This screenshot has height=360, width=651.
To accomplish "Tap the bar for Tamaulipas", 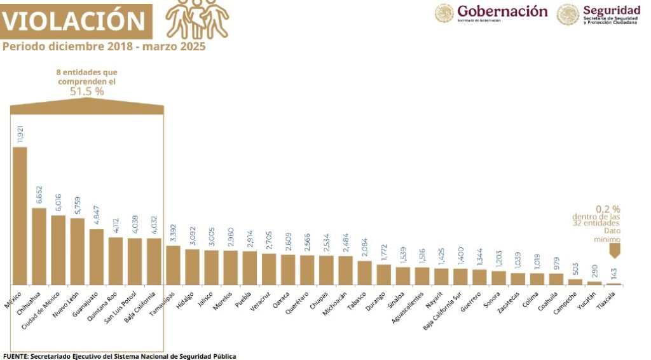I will [173, 265].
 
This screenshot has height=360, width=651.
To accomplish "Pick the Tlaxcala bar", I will [613, 284].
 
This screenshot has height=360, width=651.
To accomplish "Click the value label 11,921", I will [20, 134].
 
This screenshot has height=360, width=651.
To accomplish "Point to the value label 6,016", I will [58, 204].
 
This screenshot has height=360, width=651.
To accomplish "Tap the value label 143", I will [613, 273].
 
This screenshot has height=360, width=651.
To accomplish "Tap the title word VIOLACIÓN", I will [74, 22].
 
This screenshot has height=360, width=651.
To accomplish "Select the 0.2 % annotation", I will [607, 209].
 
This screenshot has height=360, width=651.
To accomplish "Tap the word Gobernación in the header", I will [502, 11].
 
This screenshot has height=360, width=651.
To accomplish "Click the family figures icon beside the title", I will [196, 19].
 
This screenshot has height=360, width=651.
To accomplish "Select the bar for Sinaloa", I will [403, 275].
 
